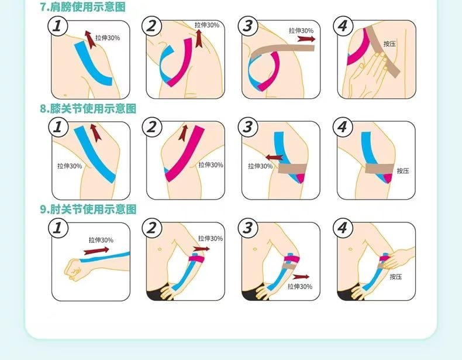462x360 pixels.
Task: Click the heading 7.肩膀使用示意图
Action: (x=83, y=6)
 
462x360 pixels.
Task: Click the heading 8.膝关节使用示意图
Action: (x=88, y=108)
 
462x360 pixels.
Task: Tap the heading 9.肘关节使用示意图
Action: (x=88, y=210)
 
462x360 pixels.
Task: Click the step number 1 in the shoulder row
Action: (x=58, y=26)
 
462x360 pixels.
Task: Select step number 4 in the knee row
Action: (x=343, y=127)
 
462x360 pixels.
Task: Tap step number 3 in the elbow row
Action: (x=248, y=228)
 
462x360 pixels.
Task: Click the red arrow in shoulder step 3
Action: (x=306, y=39)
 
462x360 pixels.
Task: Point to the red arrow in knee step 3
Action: (x=274, y=157)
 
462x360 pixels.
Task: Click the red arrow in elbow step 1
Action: (x=96, y=251)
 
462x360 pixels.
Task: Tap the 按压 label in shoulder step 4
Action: (x=389, y=44)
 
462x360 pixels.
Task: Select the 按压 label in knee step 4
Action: (x=403, y=171)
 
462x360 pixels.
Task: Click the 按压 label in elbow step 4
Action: (x=396, y=276)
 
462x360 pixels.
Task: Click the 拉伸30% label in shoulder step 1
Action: (x=108, y=37)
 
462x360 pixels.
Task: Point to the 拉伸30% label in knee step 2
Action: (x=211, y=165)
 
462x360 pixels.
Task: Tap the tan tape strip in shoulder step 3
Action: (x=283, y=51)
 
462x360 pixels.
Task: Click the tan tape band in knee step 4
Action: (x=380, y=169)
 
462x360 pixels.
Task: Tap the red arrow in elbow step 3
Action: (x=301, y=276)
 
